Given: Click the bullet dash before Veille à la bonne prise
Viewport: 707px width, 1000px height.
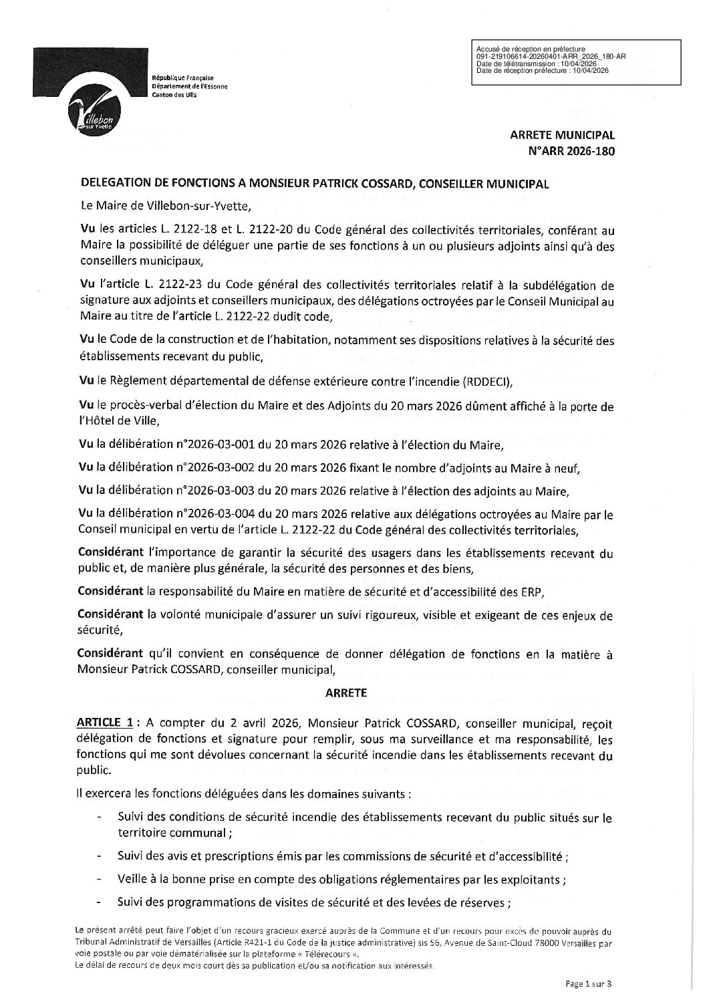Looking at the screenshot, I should pos(100,880).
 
